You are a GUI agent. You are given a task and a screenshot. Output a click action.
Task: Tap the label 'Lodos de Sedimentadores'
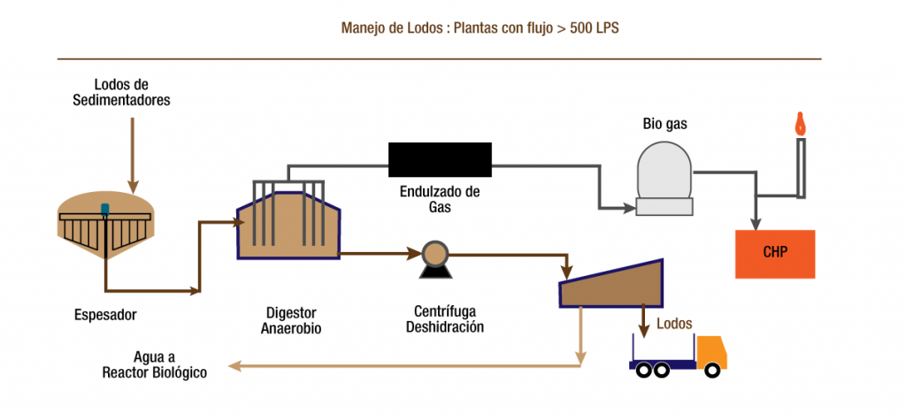coord(121,93)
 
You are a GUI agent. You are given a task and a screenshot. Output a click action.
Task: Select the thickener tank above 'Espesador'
coord(105,228)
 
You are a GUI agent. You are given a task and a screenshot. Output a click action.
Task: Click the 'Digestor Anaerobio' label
coord(290,320)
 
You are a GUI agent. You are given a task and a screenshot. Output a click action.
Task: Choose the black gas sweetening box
coord(440,159)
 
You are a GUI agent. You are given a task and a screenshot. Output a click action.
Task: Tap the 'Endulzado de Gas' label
coord(441,199)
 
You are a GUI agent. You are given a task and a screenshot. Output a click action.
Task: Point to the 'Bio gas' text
coord(664,125)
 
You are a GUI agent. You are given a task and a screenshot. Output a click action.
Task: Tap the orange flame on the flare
coord(801,123)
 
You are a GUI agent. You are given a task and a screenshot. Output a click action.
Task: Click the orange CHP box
coord(776,253)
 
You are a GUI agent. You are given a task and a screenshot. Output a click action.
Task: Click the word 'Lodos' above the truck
coord(674,324)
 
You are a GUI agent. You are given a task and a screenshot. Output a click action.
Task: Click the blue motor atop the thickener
coord(105,210)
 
